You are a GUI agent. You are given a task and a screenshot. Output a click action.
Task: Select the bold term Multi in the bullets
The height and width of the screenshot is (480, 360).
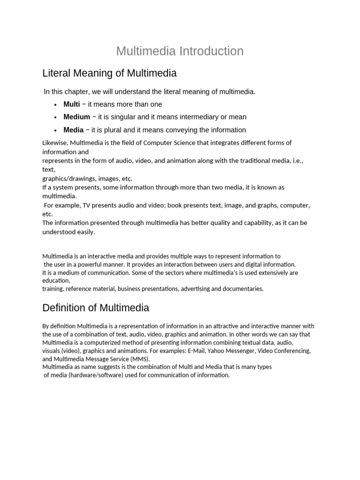pos(72,104)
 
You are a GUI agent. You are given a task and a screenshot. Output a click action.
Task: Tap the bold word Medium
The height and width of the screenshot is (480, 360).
pos(77,117)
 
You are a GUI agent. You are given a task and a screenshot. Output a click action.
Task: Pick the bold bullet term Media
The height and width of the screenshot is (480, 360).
pos(74,130)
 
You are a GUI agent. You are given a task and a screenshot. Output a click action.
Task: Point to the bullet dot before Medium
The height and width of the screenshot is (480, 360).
pos(55,117)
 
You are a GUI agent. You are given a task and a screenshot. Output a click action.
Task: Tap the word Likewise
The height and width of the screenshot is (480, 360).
pos(55,143)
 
